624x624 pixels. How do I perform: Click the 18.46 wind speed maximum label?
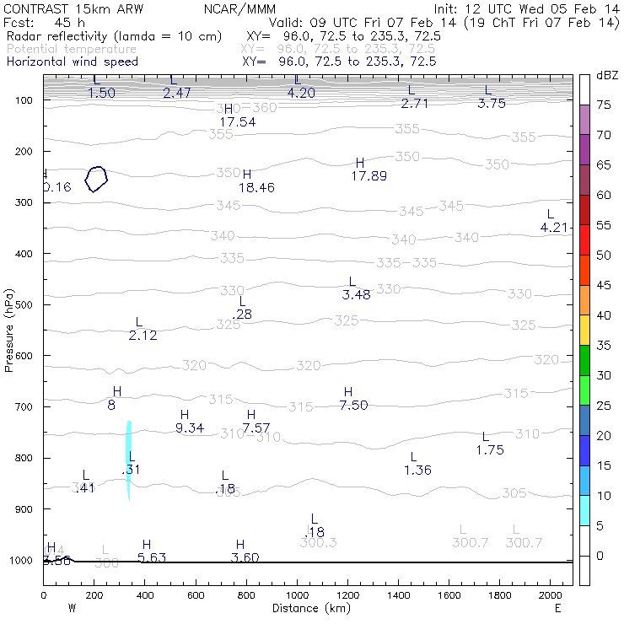256,187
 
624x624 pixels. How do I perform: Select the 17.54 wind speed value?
237,122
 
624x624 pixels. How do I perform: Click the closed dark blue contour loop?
97,179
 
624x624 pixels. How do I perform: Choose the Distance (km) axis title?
309,608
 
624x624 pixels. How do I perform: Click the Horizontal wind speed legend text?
72,62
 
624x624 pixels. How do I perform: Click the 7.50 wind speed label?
354,406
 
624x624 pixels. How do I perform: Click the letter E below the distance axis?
557,608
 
